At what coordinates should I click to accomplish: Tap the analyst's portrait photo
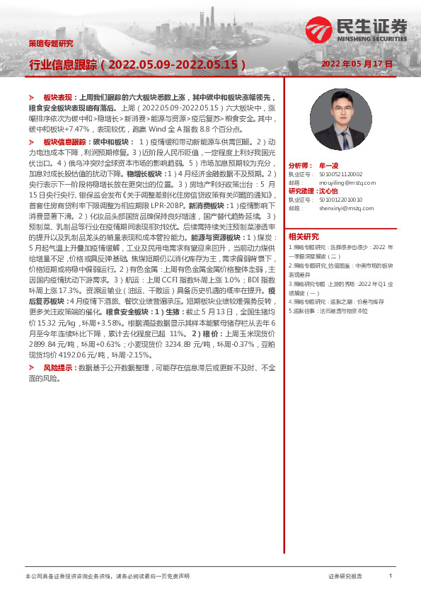pos(332,114)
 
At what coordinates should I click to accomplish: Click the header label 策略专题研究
pos(50,43)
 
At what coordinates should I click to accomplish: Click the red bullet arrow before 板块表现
pos(31,95)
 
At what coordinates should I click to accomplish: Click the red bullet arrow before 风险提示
pos(31,368)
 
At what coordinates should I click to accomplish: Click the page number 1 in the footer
pos(390,576)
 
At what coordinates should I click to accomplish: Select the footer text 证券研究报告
pos(345,577)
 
